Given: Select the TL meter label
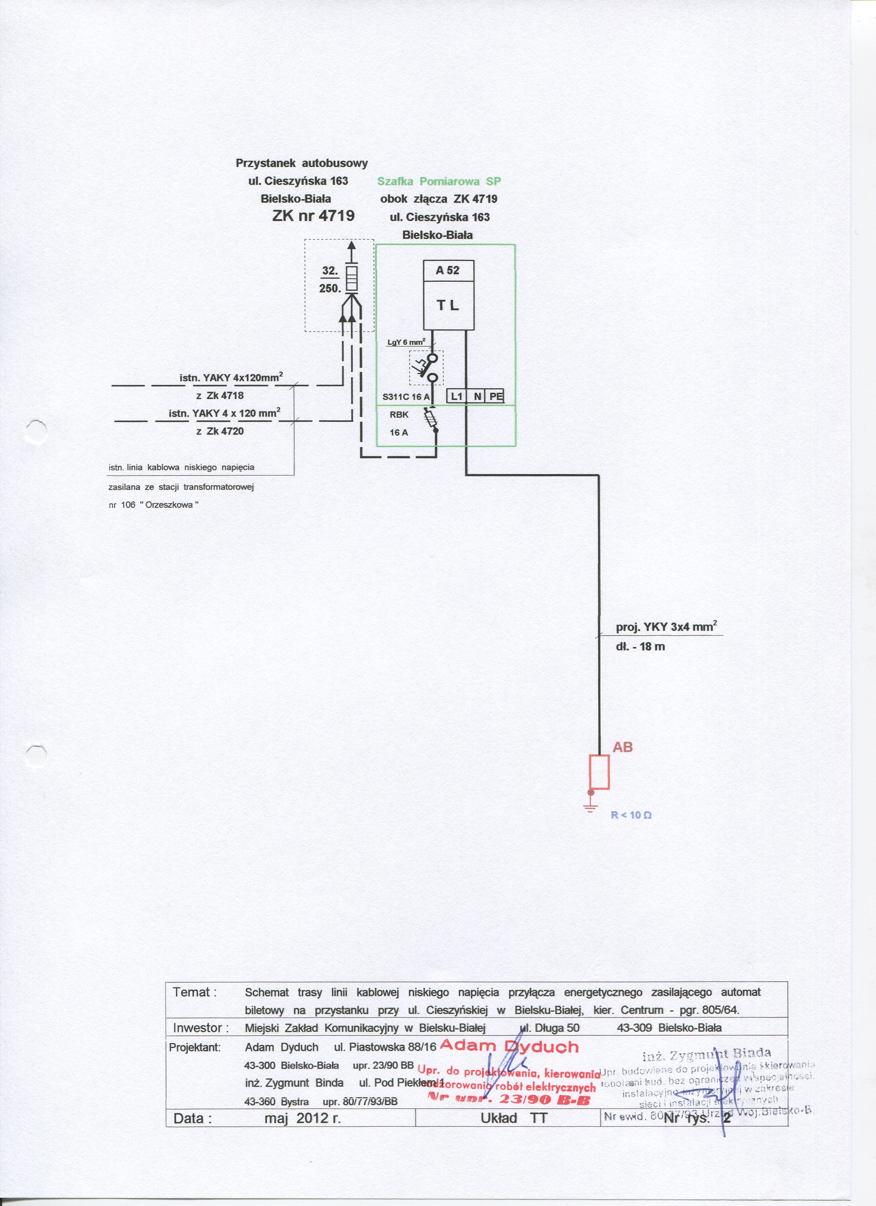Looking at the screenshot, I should [448, 305].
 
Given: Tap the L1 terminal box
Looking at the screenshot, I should [457, 396].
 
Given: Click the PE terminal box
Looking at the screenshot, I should [496, 396].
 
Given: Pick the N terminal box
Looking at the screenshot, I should [478, 396].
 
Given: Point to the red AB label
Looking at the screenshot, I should [622, 747].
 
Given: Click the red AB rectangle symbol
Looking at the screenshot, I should [599, 772].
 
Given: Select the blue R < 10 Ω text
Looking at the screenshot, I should [631, 815].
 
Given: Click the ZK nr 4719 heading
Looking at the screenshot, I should [313, 215].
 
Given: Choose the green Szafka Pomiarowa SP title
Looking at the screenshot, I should [439, 181].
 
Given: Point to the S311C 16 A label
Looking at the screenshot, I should [406, 397].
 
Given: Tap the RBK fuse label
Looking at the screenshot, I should [399, 415].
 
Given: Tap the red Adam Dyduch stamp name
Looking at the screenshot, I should [509, 1047].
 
